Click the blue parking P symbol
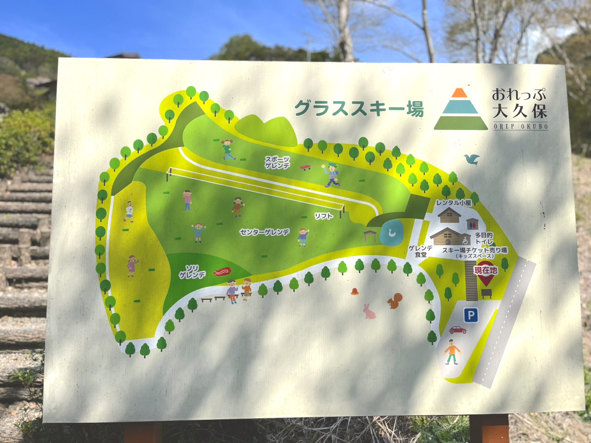pyautogui.click(x=471, y=316)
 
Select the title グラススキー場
pyautogui.click(x=359, y=108)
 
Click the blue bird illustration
pyautogui.click(x=472, y=159)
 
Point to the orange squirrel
pyautogui.click(x=394, y=301)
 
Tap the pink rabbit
pyautogui.click(x=369, y=311)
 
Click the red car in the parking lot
pyautogui.click(x=457, y=330)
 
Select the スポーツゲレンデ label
pyautogui.click(x=277, y=163)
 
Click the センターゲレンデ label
pyautogui.click(x=264, y=231)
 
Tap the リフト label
pyautogui.click(x=324, y=216)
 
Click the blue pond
pyautogui.click(x=391, y=232)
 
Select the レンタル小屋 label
pyautogui.click(x=454, y=202)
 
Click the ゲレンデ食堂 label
pyautogui.click(x=421, y=251)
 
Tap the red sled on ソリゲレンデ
pyautogui.click(x=222, y=271)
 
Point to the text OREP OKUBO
pyautogui.click(x=520, y=127)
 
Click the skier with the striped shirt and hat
pyautogui.click(x=332, y=175)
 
